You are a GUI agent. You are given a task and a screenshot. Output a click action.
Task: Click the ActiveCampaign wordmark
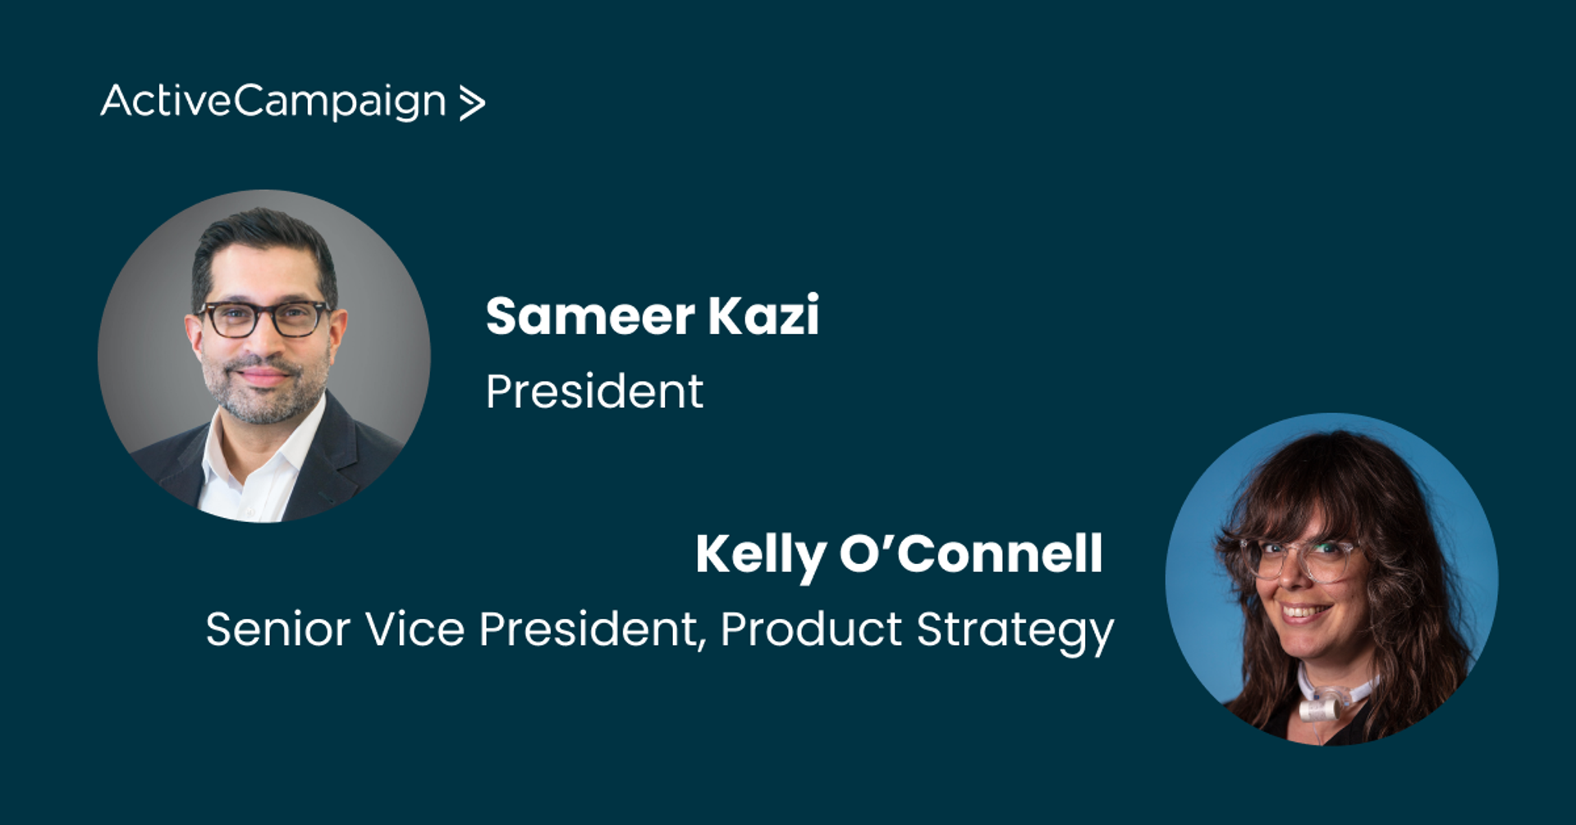tap(273, 102)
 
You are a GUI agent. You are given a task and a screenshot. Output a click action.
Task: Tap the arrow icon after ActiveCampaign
tap(472, 103)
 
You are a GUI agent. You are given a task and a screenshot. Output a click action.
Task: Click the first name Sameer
tap(590, 316)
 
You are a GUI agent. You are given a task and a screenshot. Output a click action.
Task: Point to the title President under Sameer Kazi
tap(594, 391)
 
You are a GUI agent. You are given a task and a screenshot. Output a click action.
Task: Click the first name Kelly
tap(760, 555)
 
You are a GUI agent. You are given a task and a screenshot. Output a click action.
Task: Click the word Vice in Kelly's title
tap(415, 630)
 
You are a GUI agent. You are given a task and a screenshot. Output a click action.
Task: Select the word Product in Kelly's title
tap(811, 630)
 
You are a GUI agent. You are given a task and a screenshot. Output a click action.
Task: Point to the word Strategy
tap(1015, 632)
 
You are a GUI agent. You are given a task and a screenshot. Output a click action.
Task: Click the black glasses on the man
tap(264, 319)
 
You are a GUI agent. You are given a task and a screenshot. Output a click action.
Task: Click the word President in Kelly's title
tap(593, 630)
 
